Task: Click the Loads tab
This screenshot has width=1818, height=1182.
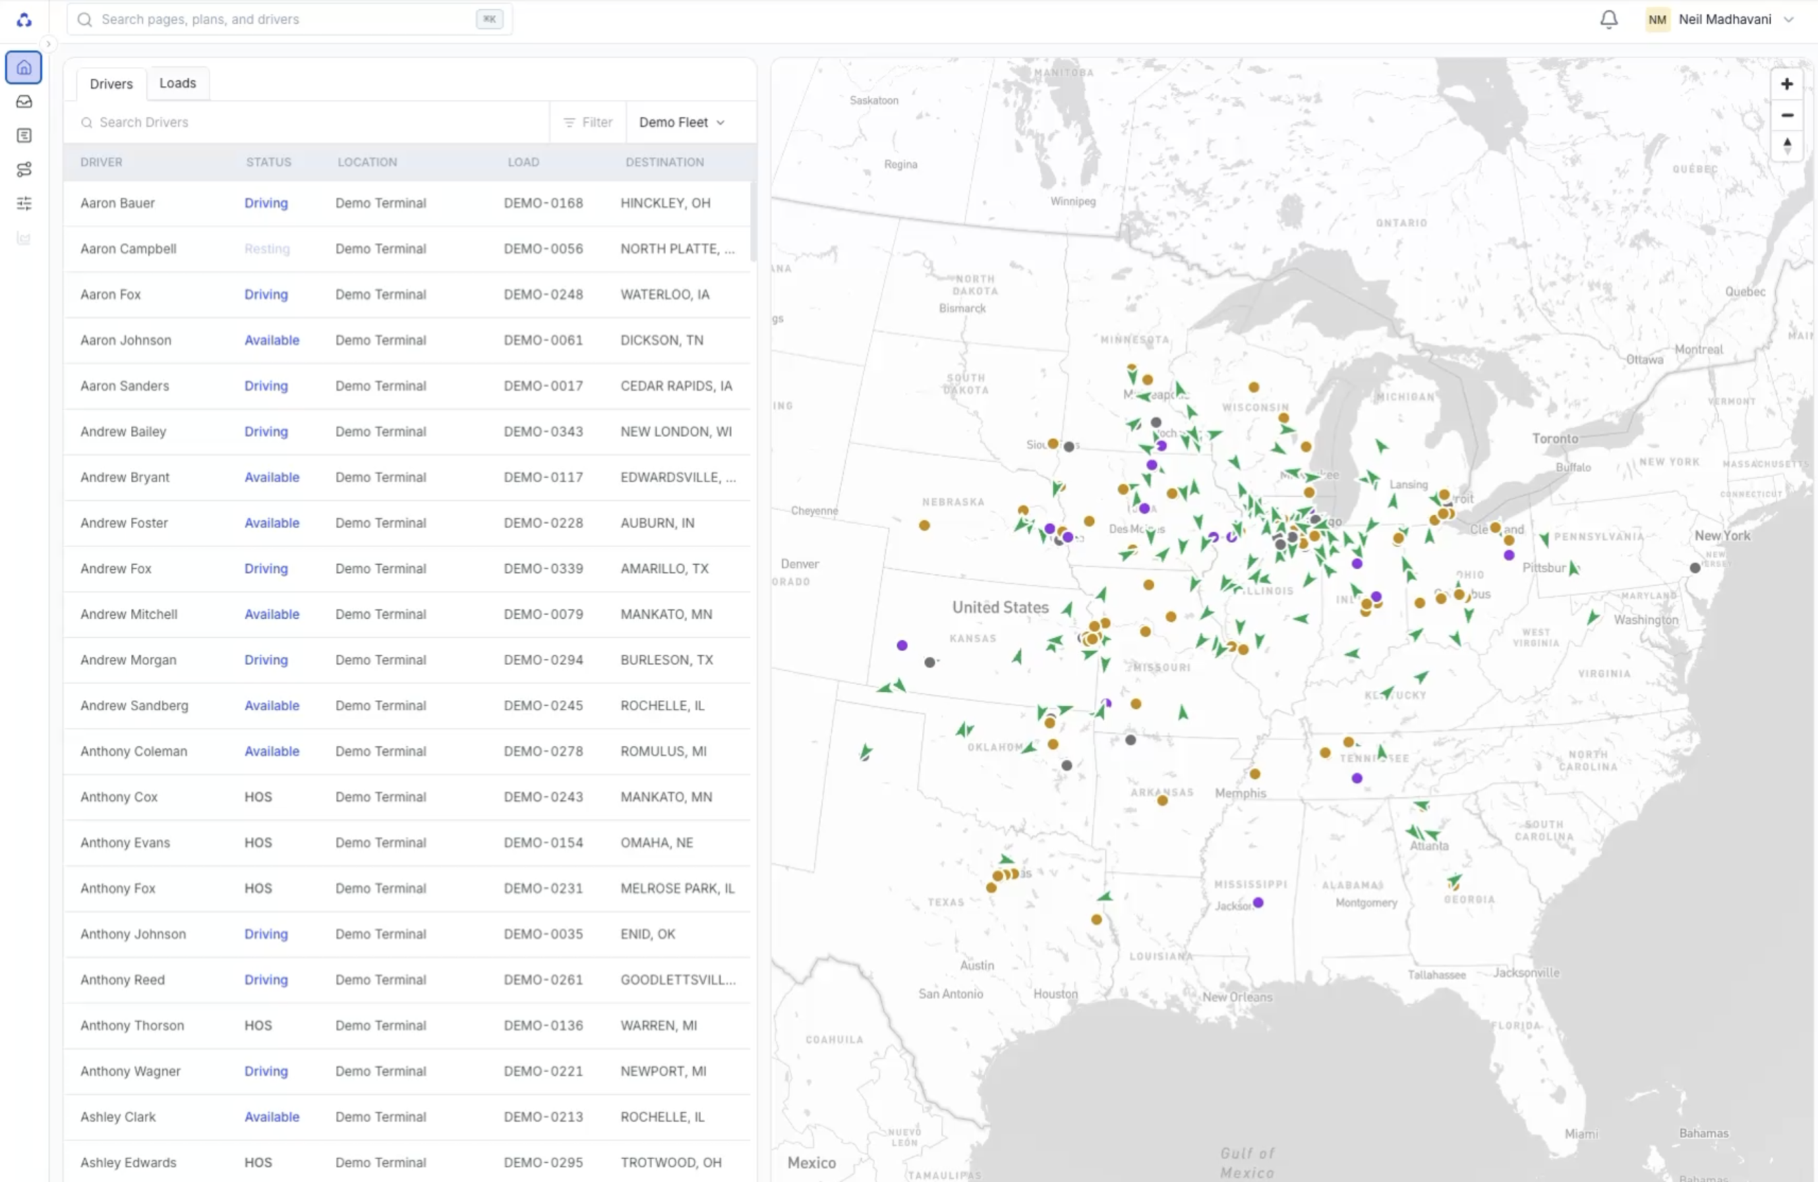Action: [x=177, y=83]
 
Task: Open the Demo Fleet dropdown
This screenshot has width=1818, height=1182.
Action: [x=682, y=122]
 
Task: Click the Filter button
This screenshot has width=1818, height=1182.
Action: [x=588, y=122]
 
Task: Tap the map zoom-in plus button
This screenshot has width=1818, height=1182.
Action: [x=1786, y=84]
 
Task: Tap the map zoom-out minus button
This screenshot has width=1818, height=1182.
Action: [x=1786, y=115]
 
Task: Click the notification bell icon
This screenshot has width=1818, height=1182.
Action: [x=1608, y=19]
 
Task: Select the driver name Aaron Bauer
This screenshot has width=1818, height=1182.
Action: [x=117, y=203]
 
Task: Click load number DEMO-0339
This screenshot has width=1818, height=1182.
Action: [x=543, y=569]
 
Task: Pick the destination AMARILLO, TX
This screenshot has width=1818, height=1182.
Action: [x=664, y=569]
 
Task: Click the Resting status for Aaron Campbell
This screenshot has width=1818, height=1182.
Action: [x=266, y=249]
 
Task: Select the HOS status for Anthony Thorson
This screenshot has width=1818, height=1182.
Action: [x=258, y=1025]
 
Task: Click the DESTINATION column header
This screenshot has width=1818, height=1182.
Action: [x=664, y=162]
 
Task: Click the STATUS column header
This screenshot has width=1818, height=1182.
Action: [x=268, y=162]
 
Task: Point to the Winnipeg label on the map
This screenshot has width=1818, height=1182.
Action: [x=1072, y=202]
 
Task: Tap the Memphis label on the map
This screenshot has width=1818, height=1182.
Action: [x=1240, y=793]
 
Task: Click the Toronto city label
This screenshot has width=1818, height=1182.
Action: [x=1554, y=438]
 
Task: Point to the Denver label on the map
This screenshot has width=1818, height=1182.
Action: [x=800, y=564]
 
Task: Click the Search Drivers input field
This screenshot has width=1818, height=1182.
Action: [x=306, y=122]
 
